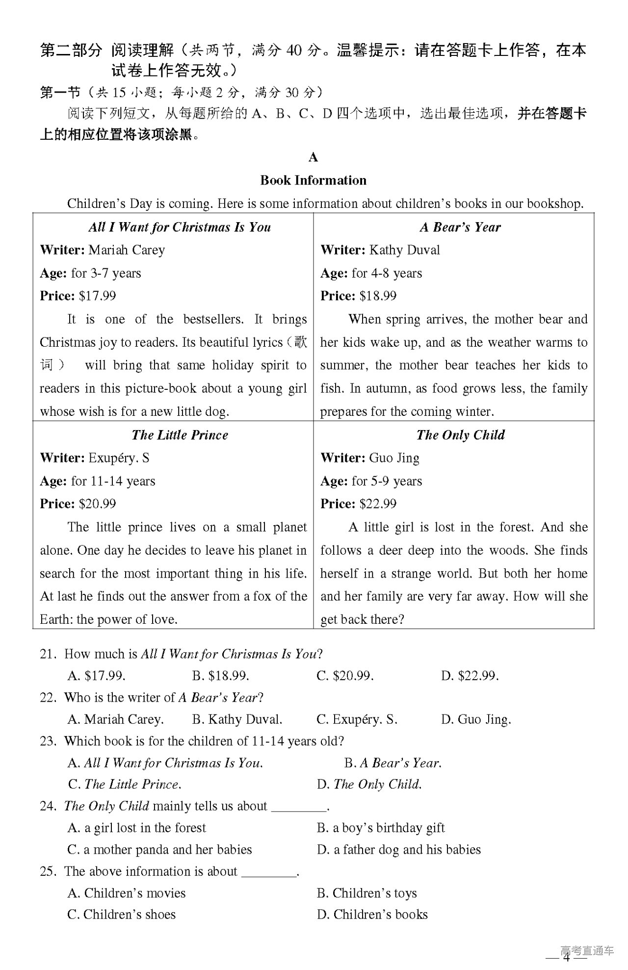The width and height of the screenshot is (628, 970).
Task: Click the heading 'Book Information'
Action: pyautogui.click(x=313, y=180)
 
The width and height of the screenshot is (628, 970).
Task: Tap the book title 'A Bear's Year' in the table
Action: pyautogui.click(x=460, y=227)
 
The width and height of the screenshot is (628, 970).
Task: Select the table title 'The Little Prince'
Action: pyautogui.click(x=180, y=435)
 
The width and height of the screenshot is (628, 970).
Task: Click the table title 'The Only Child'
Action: pyautogui.click(x=460, y=435)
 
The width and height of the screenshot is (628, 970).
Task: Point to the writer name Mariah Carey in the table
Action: pyautogui.click(x=127, y=250)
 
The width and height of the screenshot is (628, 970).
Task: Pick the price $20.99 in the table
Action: pyautogui.click(x=97, y=504)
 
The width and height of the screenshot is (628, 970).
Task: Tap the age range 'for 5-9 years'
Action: pyautogui.click(x=387, y=481)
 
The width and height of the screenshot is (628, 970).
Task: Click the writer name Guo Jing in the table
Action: pyautogui.click(x=394, y=458)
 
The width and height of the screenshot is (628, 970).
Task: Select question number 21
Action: pyautogui.click(x=47, y=654)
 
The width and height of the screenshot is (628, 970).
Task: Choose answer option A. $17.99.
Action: pyautogui.click(x=97, y=676)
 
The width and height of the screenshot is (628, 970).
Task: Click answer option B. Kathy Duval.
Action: pyautogui.click(x=237, y=719)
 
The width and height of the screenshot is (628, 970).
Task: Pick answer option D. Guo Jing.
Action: pyautogui.click(x=476, y=719)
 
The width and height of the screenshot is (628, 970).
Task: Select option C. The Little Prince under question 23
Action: pyautogui.click(x=125, y=784)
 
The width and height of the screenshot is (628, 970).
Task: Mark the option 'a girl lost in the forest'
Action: pyautogui.click(x=137, y=828)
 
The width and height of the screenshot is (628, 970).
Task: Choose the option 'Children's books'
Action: pyautogui.click(x=372, y=915)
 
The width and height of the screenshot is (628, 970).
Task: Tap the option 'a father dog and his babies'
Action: pyautogui.click(x=399, y=849)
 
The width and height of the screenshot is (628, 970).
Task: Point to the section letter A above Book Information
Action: pyautogui.click(x=313, y=157)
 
